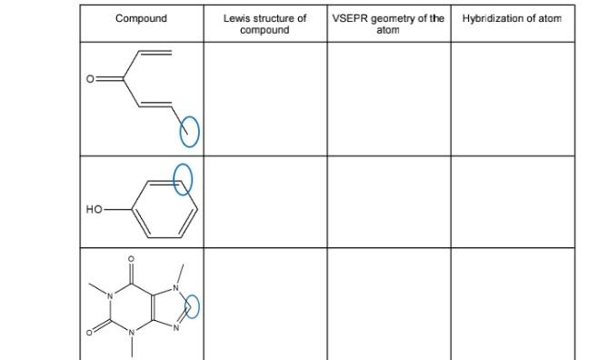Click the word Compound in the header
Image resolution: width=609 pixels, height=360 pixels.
(x=141, y=18)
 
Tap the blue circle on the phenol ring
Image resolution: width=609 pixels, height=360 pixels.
(x=184, y=178)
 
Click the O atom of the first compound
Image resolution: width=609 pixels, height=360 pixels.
(x=90, y=79)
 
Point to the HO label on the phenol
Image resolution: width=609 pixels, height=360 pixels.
(x=95, y=209)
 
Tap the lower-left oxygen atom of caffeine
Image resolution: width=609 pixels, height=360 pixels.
(x=89, y=334)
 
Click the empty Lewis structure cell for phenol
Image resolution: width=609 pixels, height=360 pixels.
(x=265, y=202)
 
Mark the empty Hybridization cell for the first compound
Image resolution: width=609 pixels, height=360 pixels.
(x=512, y=98)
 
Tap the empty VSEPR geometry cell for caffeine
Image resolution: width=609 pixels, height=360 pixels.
(x=388, y=304)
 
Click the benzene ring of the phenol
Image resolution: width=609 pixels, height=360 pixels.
(x=165, y=209)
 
